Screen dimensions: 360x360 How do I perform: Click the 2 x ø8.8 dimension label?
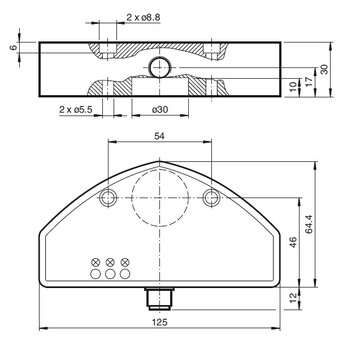click(143, 18)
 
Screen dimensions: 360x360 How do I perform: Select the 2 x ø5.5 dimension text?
click(76, 109)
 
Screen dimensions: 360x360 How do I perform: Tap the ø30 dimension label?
click(160, 109)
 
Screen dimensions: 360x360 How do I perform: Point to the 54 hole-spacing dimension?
click(160, 136)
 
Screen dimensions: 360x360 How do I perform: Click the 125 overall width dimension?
click(160, 322)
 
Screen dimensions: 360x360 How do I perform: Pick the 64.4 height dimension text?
click(309, 224)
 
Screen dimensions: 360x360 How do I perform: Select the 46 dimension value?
click(293, 242)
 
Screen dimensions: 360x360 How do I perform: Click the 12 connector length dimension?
click(293, 298)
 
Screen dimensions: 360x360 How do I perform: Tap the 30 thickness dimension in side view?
click(324, 69)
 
